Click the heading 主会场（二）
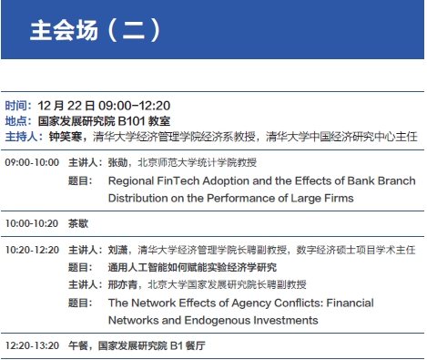coord(95,30)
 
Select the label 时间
coord(15,106)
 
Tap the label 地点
coord(15,121)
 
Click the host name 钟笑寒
coord(66,137)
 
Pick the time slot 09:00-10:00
coord(32,162)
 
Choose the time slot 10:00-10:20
coord(32,223)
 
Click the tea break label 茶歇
coord(78,223)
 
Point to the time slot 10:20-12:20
coord(32,250)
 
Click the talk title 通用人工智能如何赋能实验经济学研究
coord(192,267)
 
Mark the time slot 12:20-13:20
coord(32,345)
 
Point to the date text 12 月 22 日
coord(66,106)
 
